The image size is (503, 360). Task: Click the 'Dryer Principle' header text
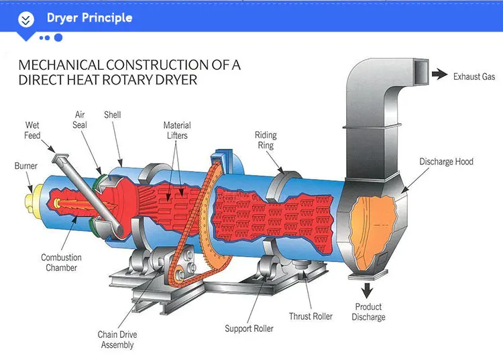(89, 17)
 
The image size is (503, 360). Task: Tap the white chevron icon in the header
(26, 19)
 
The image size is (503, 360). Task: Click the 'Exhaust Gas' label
(473, 76)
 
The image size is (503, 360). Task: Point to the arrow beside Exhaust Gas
(439, 75)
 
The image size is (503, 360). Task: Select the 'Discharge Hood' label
(446, 162)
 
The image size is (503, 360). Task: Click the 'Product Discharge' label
(368, 312)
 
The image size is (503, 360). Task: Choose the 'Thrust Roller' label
(311, 316)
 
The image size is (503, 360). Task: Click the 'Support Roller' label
(249, 328)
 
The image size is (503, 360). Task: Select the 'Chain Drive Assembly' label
(117, 339)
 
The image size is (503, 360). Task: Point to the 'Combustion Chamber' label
(61, 262)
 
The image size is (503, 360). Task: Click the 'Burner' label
(26, 166)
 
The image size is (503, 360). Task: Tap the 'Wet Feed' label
(32, 130)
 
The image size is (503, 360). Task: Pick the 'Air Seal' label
(80, 120)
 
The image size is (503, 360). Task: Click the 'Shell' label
(112, 115)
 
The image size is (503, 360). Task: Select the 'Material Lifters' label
(177, 130)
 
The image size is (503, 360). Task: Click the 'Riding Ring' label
(265, 139)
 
